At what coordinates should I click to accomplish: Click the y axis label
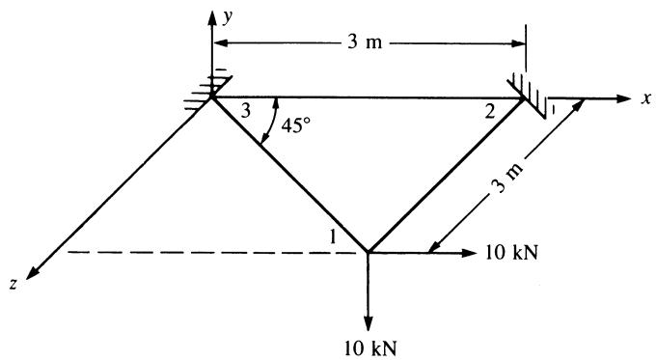[x=228, y=17]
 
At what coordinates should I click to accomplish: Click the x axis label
[x=647, y=98]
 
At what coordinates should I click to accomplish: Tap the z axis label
[x=14, y=284]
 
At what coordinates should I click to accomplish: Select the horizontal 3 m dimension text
[x=365, y=42]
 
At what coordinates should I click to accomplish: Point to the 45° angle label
[x=296, y=125]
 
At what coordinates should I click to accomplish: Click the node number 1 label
[x=333, y=237]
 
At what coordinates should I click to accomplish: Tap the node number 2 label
[x=490, y=112]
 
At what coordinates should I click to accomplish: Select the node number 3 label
[x=246, y=112]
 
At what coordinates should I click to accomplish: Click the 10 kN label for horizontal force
[x=511, y=253]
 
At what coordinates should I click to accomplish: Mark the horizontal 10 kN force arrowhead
[x=469, y=252]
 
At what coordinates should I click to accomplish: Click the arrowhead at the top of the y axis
[x=212, y=16]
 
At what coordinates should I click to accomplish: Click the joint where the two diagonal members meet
[x=368, y=252]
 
